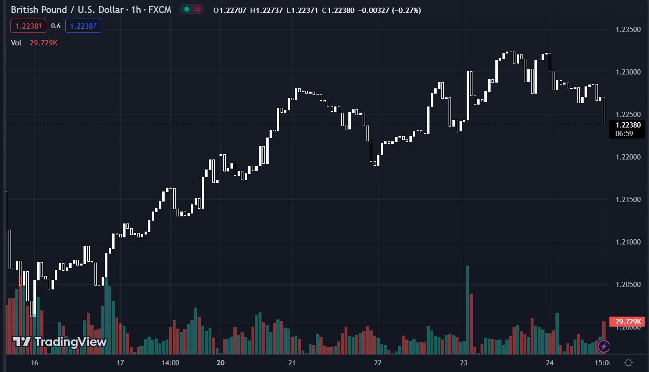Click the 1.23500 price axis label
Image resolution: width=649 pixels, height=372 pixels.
628,30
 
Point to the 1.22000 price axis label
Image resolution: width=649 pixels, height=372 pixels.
628,157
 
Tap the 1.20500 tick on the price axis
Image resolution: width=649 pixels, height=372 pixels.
628,285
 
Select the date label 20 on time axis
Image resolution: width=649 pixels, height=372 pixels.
220,363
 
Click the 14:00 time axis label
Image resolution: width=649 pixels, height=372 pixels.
170,363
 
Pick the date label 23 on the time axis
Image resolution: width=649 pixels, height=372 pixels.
464,363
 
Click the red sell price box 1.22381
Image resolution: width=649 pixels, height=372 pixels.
28,26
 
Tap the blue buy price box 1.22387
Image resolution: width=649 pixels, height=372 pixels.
83,26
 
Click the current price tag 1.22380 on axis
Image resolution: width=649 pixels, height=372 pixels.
628,125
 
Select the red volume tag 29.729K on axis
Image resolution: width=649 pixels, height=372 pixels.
627,321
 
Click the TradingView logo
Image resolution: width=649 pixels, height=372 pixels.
60,341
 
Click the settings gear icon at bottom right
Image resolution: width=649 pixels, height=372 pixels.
628,362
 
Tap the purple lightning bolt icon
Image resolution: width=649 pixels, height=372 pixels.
604,346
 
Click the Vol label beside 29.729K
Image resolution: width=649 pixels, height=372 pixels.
16,43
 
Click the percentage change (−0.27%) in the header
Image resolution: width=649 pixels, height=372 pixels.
406,10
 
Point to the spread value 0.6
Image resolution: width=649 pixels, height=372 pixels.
56,26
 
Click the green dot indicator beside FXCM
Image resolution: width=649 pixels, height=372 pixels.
186,10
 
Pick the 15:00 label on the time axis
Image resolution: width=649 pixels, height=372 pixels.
602,363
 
